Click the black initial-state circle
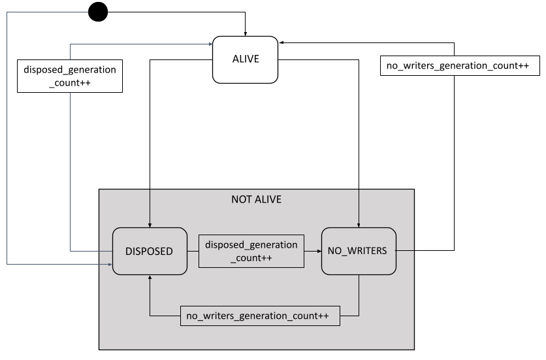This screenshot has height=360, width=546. [98, 12]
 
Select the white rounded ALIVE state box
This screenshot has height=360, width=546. [246, 59]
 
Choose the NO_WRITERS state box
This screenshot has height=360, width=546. [359, 251]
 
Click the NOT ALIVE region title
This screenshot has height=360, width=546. [257, 199]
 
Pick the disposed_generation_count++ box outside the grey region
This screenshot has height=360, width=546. [70, 76]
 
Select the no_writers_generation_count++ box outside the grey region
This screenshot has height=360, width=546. [460, 66]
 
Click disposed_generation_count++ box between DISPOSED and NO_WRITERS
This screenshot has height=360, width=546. [251, 251]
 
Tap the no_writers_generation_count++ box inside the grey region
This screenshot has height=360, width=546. [260, 316]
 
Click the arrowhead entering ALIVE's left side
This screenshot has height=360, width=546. [210, 44]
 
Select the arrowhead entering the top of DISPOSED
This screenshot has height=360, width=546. [151, 224]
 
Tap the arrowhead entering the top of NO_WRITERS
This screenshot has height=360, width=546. [359, 224]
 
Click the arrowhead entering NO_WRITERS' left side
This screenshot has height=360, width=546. [318, 251]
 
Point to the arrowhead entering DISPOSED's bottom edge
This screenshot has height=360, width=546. [151, 278]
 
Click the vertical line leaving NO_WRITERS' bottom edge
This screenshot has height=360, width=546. [359, 294]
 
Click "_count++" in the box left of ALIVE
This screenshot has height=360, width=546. [70, 83]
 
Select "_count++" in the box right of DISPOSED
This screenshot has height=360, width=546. [251, 258]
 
